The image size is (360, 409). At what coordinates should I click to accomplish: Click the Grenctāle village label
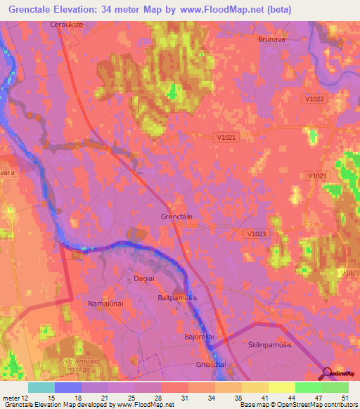coord(176,217)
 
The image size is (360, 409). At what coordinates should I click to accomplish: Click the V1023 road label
coord(258,233)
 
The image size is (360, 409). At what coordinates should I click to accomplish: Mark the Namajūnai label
coord(105,304)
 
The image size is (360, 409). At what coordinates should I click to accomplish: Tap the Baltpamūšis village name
coord(176,299)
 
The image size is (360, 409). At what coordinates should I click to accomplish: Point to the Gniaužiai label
coord(209,365)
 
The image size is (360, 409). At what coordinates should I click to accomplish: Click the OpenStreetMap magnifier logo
coord(326,375)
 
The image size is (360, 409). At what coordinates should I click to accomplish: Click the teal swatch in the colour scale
coord(41,387)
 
